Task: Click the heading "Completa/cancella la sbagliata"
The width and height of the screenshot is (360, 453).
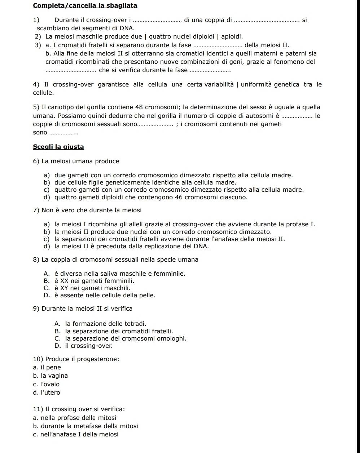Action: click(85, 5)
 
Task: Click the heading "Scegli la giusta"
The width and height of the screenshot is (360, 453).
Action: click(58, 147)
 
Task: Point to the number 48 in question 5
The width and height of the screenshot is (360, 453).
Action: click(139, 107)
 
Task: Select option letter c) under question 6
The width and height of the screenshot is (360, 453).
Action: click(47, 190)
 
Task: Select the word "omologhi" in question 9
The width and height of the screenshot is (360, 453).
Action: click(172, 338)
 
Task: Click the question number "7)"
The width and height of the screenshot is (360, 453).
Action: click(36, 210)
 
